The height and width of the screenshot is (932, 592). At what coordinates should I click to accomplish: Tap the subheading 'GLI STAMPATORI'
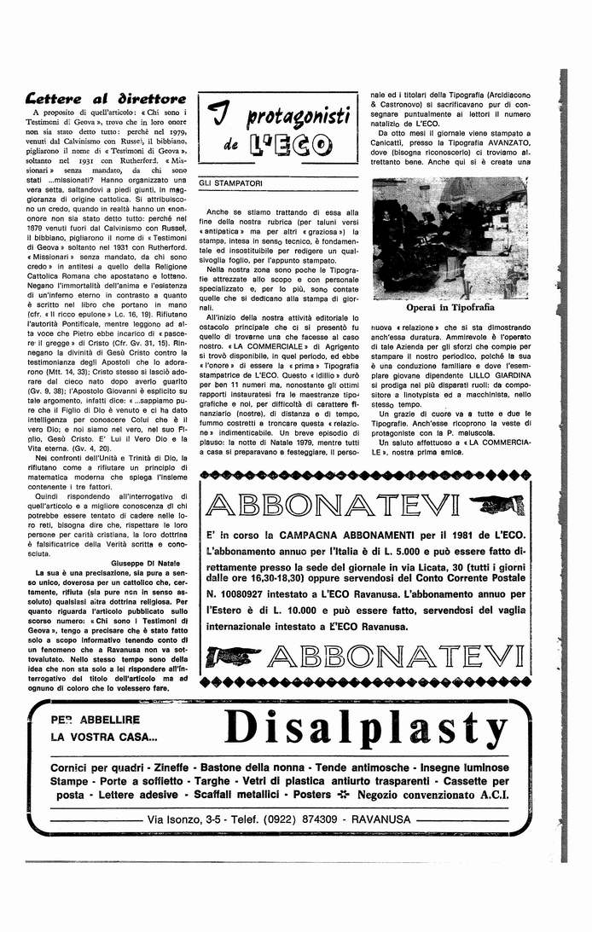(231, 183)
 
